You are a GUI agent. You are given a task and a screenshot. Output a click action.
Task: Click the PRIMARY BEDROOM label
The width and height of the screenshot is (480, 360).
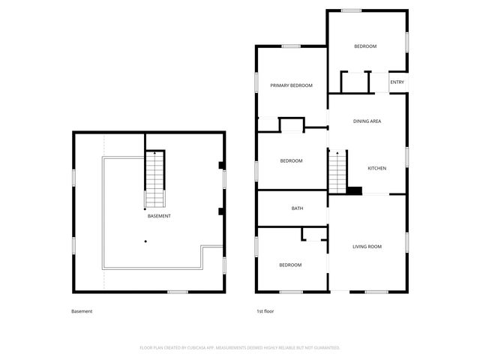point(291,85)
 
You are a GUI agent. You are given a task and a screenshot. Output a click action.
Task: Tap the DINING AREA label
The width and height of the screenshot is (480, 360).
point(367,121)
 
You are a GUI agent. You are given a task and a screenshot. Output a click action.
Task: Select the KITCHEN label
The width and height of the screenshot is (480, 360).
point(376,168)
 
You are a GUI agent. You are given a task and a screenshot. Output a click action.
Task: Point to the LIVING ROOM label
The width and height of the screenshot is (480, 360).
point(367,246)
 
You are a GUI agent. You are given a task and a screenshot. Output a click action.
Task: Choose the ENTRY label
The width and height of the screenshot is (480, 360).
point(397,82)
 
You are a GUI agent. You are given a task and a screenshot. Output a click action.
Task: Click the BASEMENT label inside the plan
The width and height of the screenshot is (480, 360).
point(159,216)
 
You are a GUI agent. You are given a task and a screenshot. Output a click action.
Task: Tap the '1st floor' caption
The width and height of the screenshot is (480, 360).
point(265,311)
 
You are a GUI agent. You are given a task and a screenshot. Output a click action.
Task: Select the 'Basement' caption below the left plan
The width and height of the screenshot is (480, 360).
point(82,311)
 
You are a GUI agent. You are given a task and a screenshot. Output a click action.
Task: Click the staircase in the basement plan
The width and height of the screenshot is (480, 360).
point(154,179)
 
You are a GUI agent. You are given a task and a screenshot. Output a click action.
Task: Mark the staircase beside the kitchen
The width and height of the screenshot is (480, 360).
point(337,170)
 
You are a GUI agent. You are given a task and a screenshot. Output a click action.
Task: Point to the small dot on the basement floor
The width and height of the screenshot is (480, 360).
point(145,241)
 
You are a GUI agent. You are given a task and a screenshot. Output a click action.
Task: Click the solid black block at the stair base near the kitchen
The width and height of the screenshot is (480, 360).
point(355,191)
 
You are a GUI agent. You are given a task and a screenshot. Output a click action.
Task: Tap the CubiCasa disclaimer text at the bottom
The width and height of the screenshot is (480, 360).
point(240,347)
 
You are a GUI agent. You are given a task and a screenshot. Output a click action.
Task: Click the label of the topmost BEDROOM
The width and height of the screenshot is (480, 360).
point(365,46)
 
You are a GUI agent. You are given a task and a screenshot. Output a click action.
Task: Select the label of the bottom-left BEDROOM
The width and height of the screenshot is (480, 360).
point(290,265)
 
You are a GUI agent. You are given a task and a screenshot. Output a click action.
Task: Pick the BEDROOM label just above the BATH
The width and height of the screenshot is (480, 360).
point(291,161)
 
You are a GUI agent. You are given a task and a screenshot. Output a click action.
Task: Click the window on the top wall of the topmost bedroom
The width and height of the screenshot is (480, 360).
point(351,10)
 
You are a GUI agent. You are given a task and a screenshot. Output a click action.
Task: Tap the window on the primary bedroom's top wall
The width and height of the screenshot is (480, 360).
point(291,46)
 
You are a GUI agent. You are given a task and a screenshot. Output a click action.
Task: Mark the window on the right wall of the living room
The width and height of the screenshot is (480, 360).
point(407,242)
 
